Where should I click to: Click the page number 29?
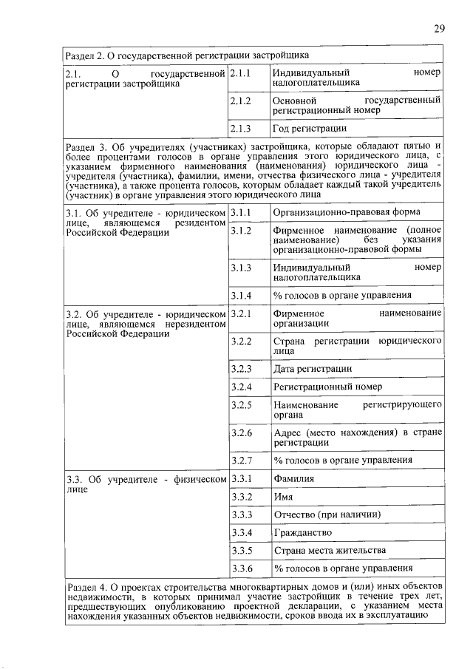pyautogui.click(x=438, y=29)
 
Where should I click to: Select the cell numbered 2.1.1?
pyautogui.click(x=241, y=73)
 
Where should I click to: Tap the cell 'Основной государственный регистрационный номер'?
pyautogui.click(x=356, y=104)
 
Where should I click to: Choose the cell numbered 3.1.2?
pyautogui.click(x=241, y=231)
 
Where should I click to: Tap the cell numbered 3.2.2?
pyautogui.click(x=241, y=341)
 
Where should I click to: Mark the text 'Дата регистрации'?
pyautogui.click(x=312, y=368)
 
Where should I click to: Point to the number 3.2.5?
pyautogui.click(x=241, y=405)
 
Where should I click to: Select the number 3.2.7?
pyautogui.click(x=241, y=461)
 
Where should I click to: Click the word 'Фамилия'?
pyautogui.click(x=293, y=479)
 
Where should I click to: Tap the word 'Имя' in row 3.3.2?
pyautogui.click(x=282, y=497)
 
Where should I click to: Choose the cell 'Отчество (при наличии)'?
pyautogui.click(x=326, y=515)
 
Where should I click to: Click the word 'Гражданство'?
pyautogui.click(x=302, y=532)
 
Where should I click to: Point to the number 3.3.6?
pyautogui.click(x=241, y=568)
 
